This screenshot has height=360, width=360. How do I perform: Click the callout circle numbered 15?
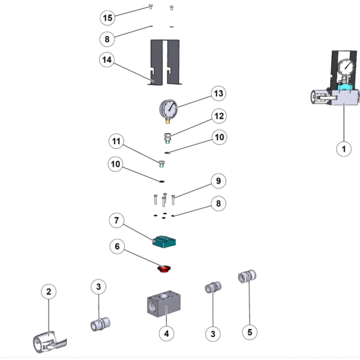[x=107, y=18]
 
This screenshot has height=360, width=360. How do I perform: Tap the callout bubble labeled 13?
[x=218, y=94]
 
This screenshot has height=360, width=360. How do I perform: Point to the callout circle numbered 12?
[x=218, y=115]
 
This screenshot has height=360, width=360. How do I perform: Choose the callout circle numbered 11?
[x=116, y=142]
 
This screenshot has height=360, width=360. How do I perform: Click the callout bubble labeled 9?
[x=218, y=181]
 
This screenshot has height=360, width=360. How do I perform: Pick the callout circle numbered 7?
[x=116, y=221]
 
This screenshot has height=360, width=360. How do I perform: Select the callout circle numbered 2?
[x=49, y=292]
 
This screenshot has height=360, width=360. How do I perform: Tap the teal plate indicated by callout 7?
[x=166, y=241]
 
